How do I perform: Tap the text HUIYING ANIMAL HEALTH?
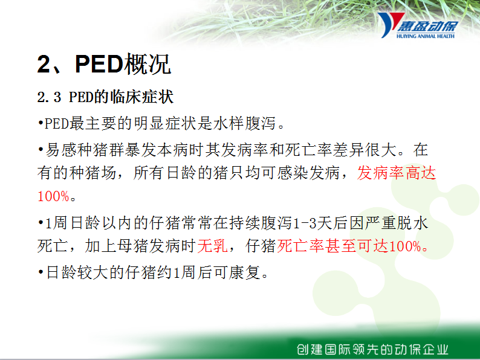pyautogui.click(x=426, y=36)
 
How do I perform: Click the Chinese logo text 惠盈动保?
pyautogui.click(x=428, y=27)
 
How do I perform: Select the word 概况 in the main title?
pyautogui.click(x=148, y=64)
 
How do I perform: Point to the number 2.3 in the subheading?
pyautogui.click(x=49, y=97)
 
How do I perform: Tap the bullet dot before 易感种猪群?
pyautogui.click(x=41, y=149)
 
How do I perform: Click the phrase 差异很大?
pyautogui.click(x=365, y=150)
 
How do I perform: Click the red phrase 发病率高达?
pyautogui.click(x=397, y=173)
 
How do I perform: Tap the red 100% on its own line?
pyautogui.click(x=53, y=196)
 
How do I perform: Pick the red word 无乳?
pyautogui.click(x=212, y=246)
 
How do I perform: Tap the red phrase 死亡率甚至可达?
pyautogui.click(x=332, y=246)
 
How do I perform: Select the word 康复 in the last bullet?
pyautogui.click(x=245, y=272)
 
